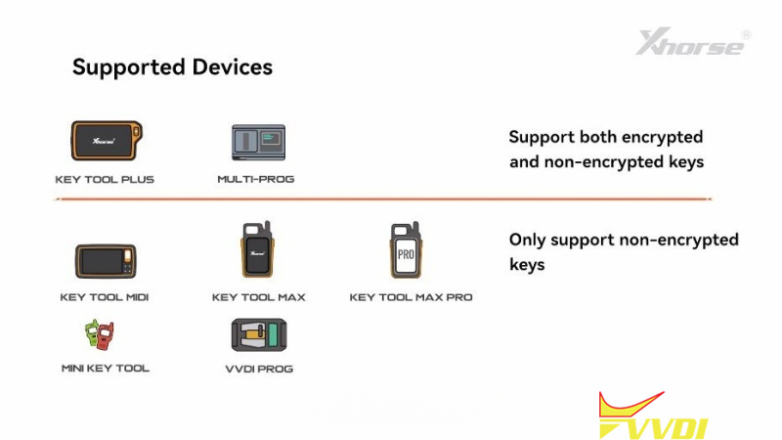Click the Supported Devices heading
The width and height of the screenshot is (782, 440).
point(172,67)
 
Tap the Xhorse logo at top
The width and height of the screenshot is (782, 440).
point(693,42)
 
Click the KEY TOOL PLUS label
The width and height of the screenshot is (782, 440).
point(105,180)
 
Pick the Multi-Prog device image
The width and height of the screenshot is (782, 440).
point(258,143)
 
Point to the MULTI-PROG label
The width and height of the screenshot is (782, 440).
point(255,180)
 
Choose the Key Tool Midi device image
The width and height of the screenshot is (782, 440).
point(104,261)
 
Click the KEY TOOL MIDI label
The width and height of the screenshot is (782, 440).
point(105,297)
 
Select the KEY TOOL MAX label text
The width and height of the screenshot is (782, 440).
point(259,297)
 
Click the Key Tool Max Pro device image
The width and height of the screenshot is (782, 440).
point(406,252)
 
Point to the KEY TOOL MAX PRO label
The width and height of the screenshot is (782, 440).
point(411,297)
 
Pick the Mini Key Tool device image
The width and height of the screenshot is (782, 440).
point(100,335)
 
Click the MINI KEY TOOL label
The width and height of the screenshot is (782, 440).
point(105,369)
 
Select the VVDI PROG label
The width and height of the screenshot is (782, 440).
point(258,369)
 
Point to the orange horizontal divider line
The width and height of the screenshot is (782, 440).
point(381,199)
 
